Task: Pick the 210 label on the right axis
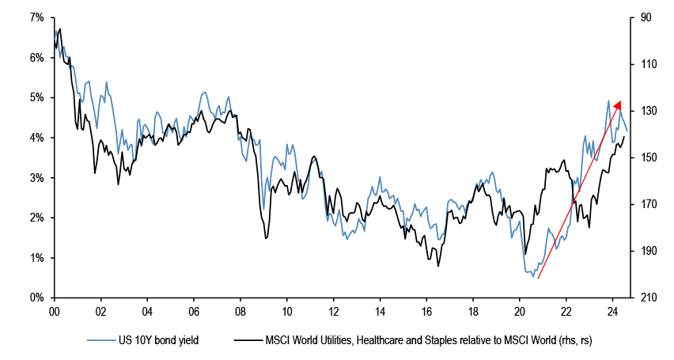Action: [x=645, y=298]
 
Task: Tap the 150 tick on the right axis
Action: [x=645, y=158]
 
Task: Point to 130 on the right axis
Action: [x=645, y=111]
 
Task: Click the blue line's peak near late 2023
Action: [x=608, y=100]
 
